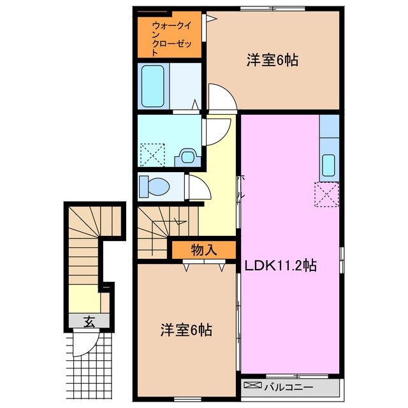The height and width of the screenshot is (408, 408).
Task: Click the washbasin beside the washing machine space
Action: pyautogui.click(x=187, y=155)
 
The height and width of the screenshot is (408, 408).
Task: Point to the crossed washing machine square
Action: pyautogui.click(x=152, y=154)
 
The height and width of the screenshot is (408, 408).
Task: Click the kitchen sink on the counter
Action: pyautogui.click(x=328, y=165)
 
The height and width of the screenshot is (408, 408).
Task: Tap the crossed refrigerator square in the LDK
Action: pyautogui.click(x=327, y=194)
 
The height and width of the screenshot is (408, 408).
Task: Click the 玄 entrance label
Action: pyautogui.click(x=89, y=321)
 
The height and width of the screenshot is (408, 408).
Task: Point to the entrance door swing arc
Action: pyautogui.click(x=83, y=345)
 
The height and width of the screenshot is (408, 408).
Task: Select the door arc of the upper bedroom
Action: pyautogui.click(x=222, y=97)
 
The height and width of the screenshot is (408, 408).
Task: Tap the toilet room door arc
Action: pyautogui.click(x=195, y=187)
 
